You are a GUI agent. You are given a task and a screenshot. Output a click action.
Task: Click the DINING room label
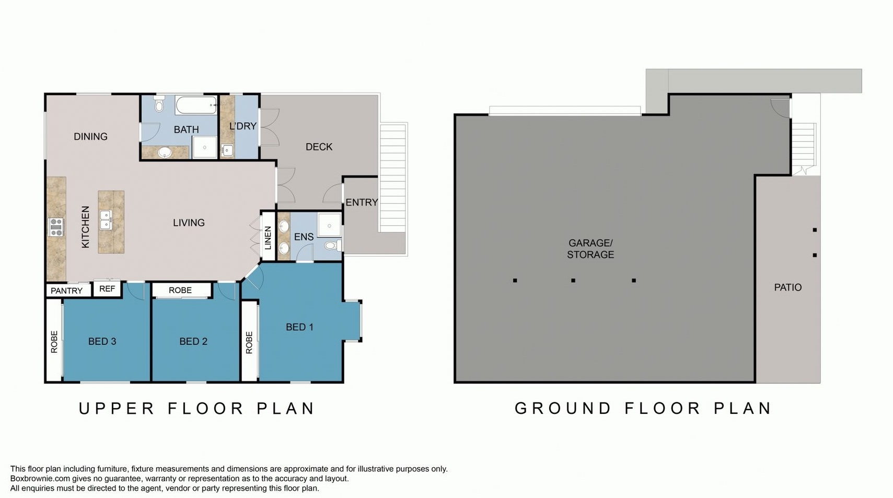tap(90, 136)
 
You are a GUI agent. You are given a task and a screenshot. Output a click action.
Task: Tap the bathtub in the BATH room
tap(196, 105)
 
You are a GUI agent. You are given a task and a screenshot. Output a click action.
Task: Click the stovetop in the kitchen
tap(56, 227)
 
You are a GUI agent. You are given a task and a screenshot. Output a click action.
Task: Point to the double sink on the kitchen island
tap(105, 219)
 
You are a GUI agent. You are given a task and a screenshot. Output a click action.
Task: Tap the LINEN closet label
tap(268, 238)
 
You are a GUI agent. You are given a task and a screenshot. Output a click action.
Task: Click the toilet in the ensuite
tap(332, 245)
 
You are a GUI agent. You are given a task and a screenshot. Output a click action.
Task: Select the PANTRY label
tap(66, 291)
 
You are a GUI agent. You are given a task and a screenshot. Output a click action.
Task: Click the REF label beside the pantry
tap(107, 288)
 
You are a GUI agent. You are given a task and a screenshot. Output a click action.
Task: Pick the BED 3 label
tap(102, 341)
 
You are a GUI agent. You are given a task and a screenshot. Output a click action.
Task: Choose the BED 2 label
tap(193, 341)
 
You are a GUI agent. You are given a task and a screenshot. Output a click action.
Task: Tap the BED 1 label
tap(299, 327)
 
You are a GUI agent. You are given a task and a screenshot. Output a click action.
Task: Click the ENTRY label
tap(362, 203)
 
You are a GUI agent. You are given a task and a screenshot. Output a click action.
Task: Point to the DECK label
tap(319, 147)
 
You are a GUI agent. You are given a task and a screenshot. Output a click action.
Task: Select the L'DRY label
tap(243, 126)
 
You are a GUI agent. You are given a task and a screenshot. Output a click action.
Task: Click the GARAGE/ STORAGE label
tap(590, 249)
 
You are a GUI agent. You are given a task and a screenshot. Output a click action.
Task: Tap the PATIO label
tap(788, 287)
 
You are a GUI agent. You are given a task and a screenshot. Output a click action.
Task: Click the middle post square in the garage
tap(573, 281)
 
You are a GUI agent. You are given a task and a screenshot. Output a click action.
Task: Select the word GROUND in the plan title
tap(563, 408)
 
